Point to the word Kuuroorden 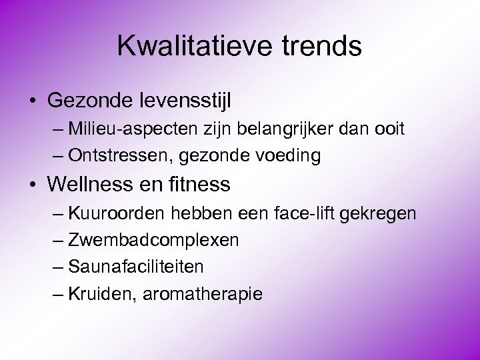[x=117, y=213]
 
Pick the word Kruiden [x=102, y=293]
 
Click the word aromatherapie [x=201, y=294]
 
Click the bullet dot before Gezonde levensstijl [x=33, y=101]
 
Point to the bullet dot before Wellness [x=33, y=184]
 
